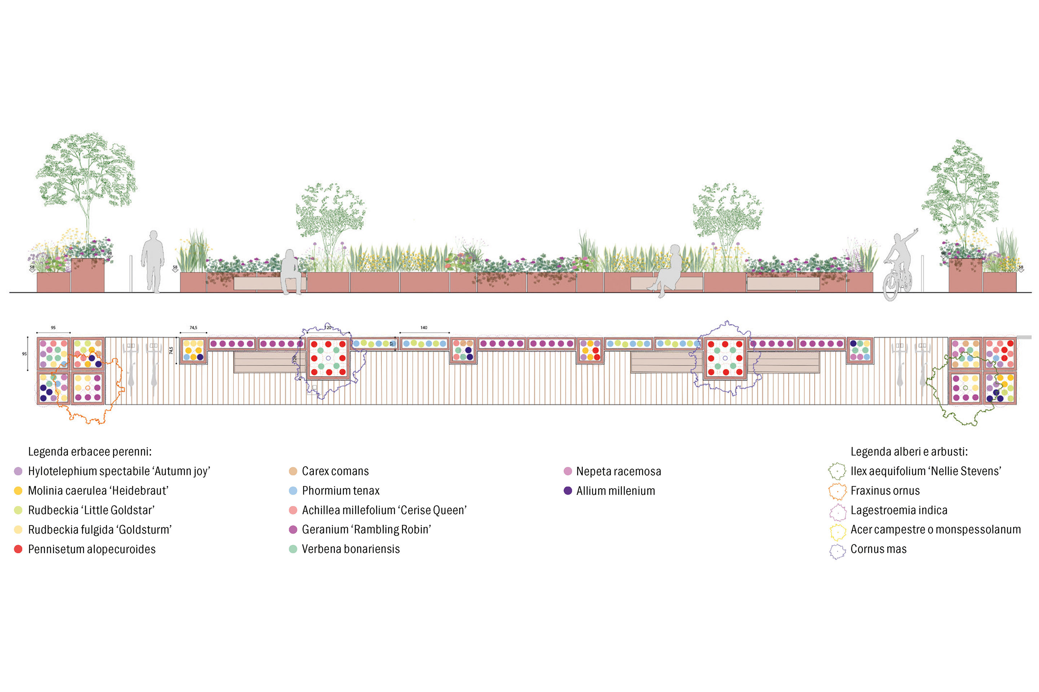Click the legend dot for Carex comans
(x=293, y=471)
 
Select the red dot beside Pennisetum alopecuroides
(x=18, y=549)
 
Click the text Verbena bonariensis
(x=351, y=549)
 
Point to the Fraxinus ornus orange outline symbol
(x=837, y=491)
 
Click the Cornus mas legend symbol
(x=837, y=551)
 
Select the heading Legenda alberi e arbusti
(x=909, y=452)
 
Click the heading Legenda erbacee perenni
(x=90, y=452)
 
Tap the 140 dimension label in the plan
(x=424, y=328)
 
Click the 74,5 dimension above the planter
(x=193, y=328)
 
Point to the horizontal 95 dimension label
(x=53, y=328)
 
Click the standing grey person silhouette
(x=153, y=260)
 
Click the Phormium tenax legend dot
(x=293, y=491)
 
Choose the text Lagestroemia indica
(x=899, y=510)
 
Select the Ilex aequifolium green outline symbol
(x=837, y=471)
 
